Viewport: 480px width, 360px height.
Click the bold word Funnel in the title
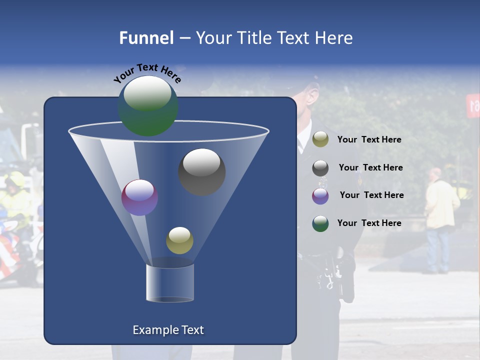[x=146, y=38]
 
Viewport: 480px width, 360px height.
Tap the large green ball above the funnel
[x=148, y=106]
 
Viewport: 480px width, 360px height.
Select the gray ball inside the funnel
[x=202, y=172]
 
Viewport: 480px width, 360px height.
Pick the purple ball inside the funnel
[x=139, y=197]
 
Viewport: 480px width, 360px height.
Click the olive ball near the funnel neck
[x=179, y=240]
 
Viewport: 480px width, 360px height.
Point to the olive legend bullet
[x=320, y=139]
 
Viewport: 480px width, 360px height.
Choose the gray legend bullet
[x=320, y=168]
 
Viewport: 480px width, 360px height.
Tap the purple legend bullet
[x=320, y=196]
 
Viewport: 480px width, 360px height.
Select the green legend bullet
[x=320, y=223]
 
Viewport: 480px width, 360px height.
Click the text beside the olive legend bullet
[x=369, y=139]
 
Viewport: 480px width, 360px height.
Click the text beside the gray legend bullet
[x=370, y=167]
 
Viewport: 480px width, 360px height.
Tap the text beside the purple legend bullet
[x=371, y=195]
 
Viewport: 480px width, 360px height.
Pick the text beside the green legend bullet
[x=369, y=223]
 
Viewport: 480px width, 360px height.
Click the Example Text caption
[x=168, y=330]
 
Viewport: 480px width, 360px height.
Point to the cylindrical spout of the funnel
[x=170, y=283]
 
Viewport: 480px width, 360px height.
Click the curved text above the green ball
[x=147, y=72]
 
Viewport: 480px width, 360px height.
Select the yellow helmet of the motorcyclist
[x=15, y=179]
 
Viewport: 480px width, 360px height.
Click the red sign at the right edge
[x=473, y=105]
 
